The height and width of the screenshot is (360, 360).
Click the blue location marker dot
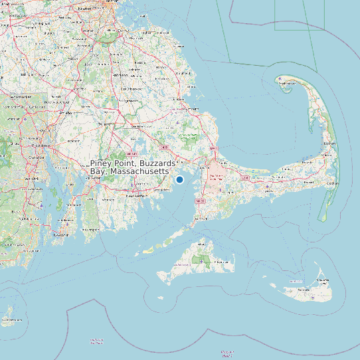point(179,179)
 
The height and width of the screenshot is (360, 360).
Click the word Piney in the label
point(103,163)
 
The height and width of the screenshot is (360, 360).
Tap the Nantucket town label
point(304,290)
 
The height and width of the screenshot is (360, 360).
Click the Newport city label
point(62,234)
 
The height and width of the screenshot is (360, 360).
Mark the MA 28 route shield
point(200,199)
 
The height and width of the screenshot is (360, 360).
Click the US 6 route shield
point(245,178)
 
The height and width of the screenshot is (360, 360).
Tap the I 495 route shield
point(164,147)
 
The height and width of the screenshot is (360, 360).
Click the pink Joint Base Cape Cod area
point(217,175)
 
